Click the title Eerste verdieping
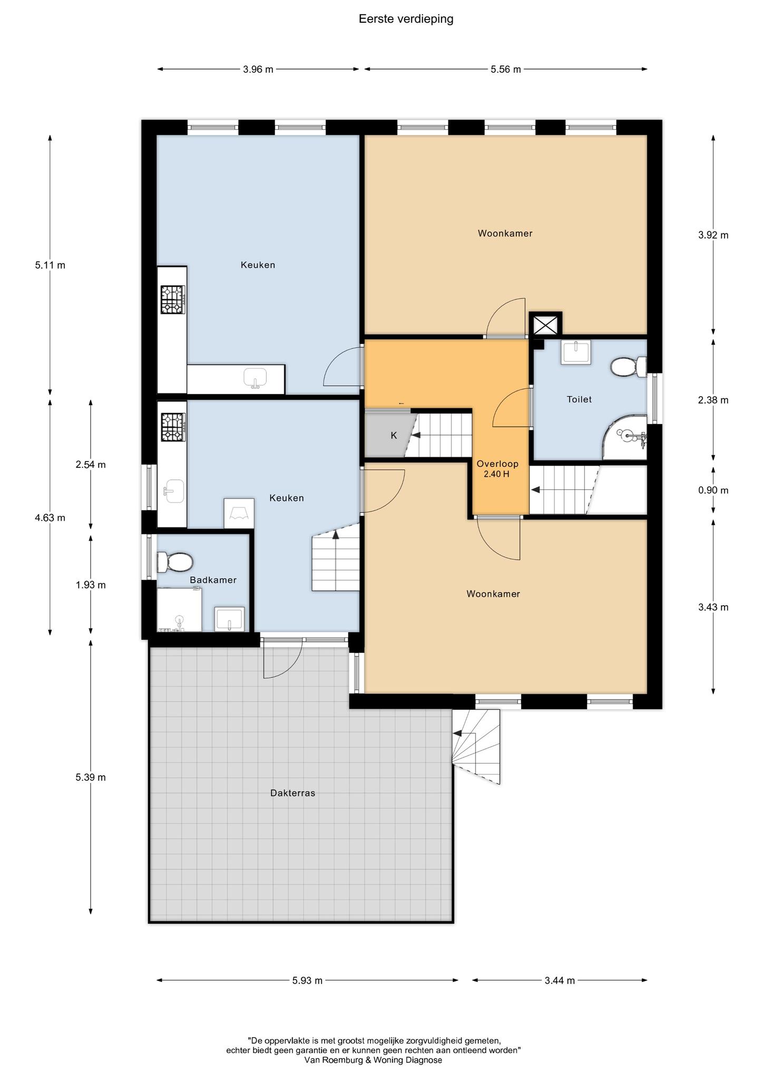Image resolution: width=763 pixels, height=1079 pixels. (x=406, y=19)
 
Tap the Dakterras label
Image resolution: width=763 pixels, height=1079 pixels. (x=292, y=792)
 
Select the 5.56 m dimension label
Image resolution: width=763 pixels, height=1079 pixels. (x=506, y=69)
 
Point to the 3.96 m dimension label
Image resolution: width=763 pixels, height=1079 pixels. (x=258, y=69)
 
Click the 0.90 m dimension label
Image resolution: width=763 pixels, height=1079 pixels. (x=713, y=490)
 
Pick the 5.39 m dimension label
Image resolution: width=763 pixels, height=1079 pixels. (x=91, y=777)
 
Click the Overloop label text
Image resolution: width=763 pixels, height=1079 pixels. (x=497, y=464)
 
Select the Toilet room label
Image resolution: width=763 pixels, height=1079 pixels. (x=579, y=399)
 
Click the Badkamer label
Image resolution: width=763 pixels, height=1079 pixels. (x=213, y=580)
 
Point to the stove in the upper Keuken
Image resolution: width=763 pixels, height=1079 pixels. (x=173, y=299)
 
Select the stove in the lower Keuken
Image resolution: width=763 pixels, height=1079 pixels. (x=173, y=427)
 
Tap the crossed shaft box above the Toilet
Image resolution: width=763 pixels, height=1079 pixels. (x=545, y=325)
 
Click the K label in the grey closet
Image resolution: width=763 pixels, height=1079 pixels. (x=394, y=436)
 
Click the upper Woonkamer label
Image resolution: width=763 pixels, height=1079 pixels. (x=505, y=233)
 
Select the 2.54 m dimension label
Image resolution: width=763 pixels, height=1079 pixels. (x=91, y=465)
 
